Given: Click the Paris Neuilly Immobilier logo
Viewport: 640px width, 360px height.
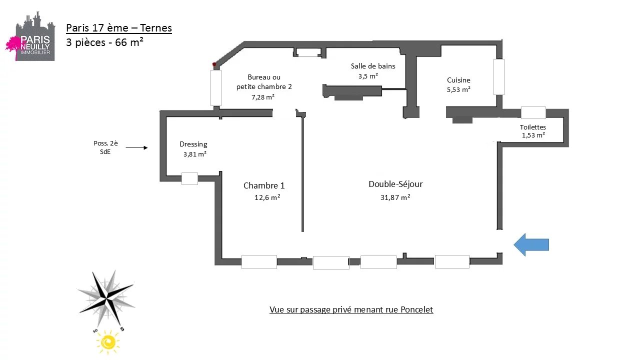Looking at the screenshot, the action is click(x=30, y=36).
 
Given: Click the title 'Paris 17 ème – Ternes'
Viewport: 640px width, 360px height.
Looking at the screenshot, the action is click(x=119, y=28).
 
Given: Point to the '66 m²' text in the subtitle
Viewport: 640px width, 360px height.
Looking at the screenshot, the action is click(x=129, y=42).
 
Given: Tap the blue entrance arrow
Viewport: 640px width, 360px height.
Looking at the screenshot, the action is click(x=531, y=245).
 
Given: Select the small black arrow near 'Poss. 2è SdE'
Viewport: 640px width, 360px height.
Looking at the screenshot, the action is click(x=136, y=147).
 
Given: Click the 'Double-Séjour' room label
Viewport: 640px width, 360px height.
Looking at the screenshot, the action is click(x=395, y=184).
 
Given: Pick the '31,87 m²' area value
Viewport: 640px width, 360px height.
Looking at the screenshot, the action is click(x=395, y=197).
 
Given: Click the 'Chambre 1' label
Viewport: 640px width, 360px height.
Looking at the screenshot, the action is click(x=264, y=185).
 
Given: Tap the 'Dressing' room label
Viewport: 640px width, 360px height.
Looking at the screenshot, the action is click(x=193, y=144).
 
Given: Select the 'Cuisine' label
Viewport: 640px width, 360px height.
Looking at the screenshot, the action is click(x=458, y=80).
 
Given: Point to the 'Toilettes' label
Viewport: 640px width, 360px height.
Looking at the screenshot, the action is click(x=533, y=127).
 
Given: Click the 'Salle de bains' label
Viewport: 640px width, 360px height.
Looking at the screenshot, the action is click(x=373, y=66).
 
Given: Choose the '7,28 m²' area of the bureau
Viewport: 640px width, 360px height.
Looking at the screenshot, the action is click(x=263, y=97).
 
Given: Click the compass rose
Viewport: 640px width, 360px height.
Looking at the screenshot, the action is click(x=106, y=299).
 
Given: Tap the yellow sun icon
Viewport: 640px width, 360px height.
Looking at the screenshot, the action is click(x=108, y=342).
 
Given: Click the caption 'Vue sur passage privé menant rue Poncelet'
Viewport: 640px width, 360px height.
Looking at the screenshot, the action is click(x=351, y=309).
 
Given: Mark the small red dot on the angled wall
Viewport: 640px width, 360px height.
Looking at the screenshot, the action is click(x=214, y=64).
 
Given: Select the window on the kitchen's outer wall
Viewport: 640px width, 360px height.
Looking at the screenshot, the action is click(x=499, y=77).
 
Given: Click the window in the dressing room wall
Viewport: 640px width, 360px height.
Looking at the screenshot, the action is click(x=189, y=178).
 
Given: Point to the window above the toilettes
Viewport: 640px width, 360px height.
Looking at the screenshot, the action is click(x=533, y=112).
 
